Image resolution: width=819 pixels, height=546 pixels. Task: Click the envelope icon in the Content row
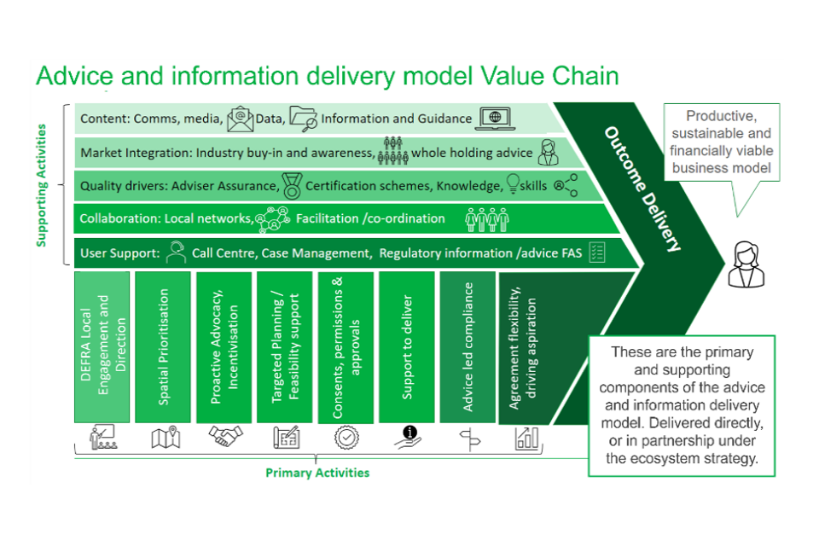pos(241,119)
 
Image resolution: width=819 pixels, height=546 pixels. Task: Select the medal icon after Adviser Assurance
pos(291,184)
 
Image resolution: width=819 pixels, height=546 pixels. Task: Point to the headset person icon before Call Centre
pos(176,253)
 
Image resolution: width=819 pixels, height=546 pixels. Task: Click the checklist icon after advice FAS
pos(597,253)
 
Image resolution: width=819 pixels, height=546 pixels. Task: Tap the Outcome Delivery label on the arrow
pos(643,189)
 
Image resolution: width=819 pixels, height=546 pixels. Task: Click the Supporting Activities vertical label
pos(42,185)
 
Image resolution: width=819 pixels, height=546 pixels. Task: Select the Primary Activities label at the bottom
pos(317,473)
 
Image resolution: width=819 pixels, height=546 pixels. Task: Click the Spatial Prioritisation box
pos(163,346)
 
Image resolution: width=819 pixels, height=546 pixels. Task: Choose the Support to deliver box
pos(407,346)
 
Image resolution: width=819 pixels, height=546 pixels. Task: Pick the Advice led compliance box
pos(468,346)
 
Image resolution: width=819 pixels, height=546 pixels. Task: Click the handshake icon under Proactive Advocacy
pos(225,438)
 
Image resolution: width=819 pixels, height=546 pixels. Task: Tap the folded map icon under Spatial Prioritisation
pos(164,438)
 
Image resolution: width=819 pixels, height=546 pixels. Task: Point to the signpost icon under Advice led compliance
pos(468,439)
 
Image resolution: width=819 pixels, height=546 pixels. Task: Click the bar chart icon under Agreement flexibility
pos(526,438)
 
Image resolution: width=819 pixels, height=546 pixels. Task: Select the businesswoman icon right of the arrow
pos(746,264)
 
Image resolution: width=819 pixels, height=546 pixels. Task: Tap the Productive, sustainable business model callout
pos(722,142)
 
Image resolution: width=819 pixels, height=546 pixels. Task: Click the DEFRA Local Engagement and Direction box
pos(102,346)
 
